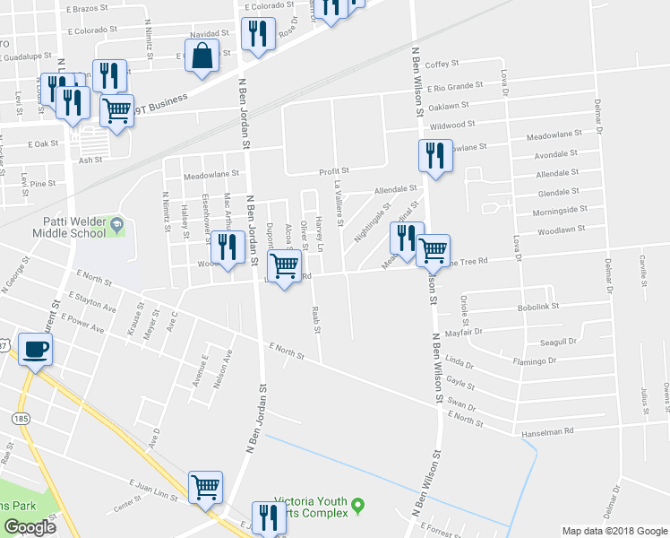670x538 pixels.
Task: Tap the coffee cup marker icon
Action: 36,349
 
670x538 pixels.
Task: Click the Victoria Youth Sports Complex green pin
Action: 358,506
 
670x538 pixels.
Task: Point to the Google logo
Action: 30,527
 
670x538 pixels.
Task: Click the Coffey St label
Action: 442,65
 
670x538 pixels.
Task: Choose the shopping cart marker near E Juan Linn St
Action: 205,487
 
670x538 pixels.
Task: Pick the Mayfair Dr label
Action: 490,331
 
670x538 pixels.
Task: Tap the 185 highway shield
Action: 19,418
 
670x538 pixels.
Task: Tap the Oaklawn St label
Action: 451,106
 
